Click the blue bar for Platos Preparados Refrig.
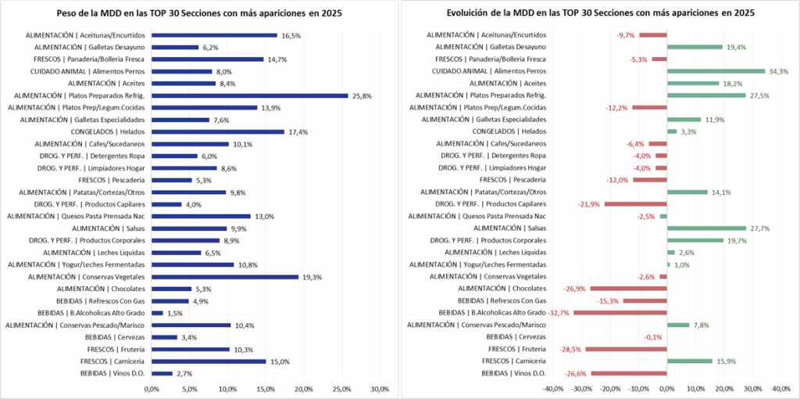click(249, 95)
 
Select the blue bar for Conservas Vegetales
click(225, 277)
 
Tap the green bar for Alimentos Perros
click(716, 71)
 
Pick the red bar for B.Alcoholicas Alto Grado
click(620, 313)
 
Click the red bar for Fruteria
click(626, 349)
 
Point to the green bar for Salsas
click(706, 228)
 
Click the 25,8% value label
click(361, 95)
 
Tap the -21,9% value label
click(589, 204)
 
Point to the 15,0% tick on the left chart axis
click(266, 389)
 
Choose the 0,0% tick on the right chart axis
click(666, 389)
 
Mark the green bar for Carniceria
click(689, 361)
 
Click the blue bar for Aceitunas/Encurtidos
click(214, 35)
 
